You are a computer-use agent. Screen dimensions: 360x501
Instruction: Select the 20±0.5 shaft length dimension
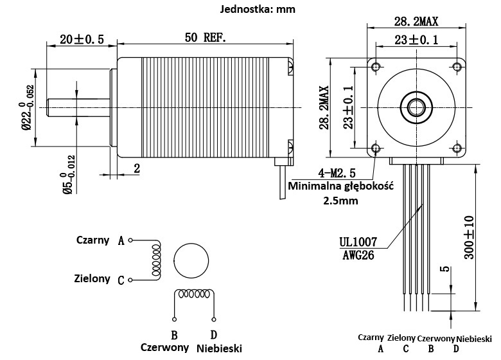(x=81, y=39)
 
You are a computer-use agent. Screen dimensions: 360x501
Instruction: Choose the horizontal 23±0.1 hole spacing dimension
(x=416, y=40)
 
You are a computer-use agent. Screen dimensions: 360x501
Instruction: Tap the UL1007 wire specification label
(x=358, y=243)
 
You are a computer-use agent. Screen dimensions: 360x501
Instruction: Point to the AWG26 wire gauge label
(x=357, y=255)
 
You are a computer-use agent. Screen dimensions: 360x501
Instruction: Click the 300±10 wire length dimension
(x=470, y=237)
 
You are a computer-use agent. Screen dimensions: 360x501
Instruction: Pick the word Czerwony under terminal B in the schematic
(x=165, y=347)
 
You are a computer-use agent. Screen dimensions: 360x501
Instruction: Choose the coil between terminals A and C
(x=155, y=260)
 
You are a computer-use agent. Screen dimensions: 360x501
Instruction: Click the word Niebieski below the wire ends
(x=474, y=337)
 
